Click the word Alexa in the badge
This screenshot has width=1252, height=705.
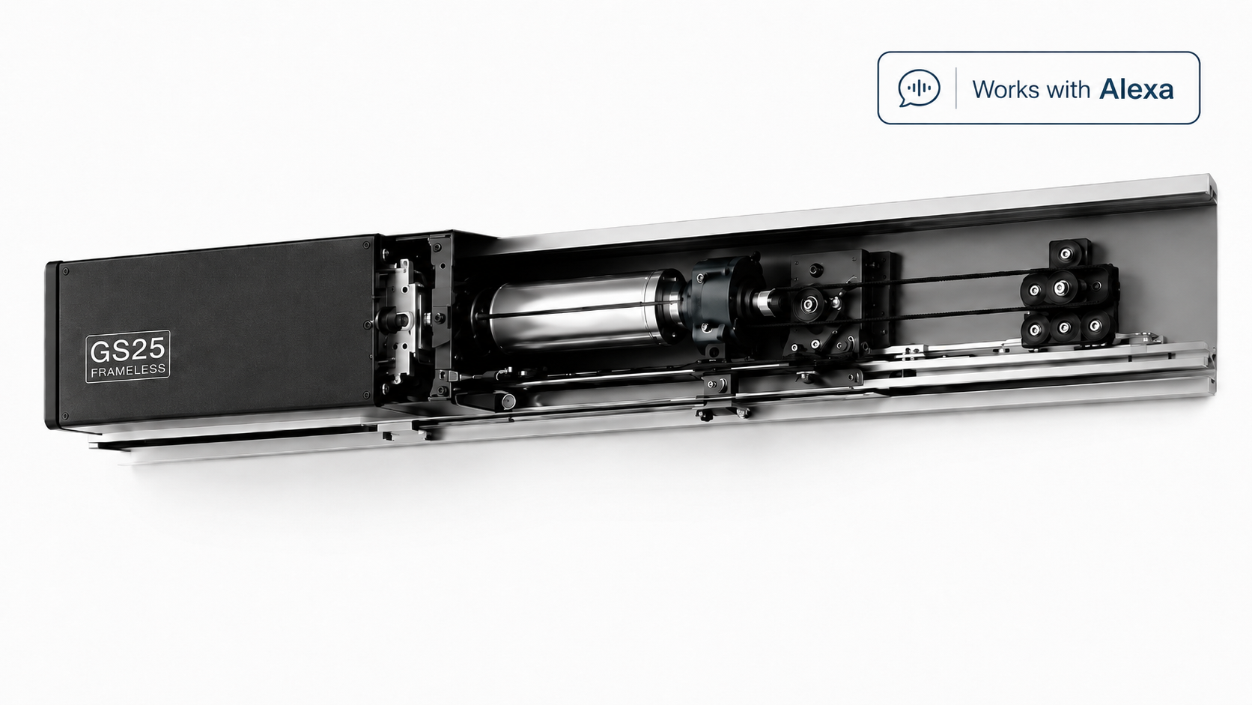click(1136, 89)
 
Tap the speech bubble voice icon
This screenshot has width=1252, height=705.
click(919, 88)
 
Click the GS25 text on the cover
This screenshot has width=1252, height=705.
click(127, 351)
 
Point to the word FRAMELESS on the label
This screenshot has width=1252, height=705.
click(128, 371)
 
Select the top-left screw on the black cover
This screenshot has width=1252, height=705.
click(65, 272)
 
